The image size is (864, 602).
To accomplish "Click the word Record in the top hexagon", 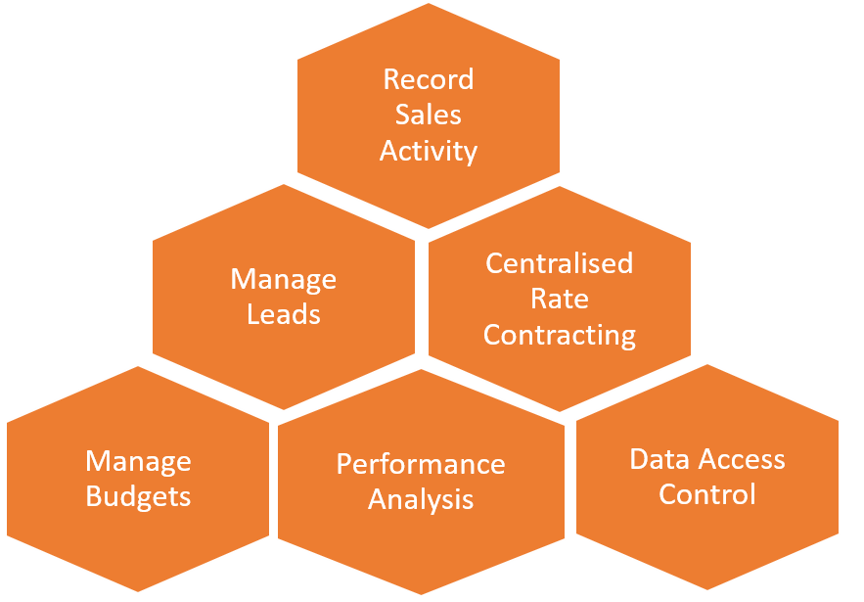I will click(428, 79).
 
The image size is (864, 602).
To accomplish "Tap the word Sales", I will click(428, 115).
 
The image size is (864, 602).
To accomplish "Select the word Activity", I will click(428, 151).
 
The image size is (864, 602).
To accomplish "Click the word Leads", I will click(284, 314).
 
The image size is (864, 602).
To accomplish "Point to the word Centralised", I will click(560, 263).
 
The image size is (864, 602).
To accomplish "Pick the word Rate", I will click(560, 299).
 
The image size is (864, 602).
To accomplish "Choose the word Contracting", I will click(560, 335).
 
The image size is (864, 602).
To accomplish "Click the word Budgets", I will click(138, 496).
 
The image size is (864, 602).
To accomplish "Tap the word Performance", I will click(421, 463).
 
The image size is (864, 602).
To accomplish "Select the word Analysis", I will click(421, 499).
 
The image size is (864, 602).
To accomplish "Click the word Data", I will click(660, 459).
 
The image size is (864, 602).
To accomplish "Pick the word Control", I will click(706, 494).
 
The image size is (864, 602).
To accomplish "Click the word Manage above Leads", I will click(284, 279).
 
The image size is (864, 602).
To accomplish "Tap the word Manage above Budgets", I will click(138, 461).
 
